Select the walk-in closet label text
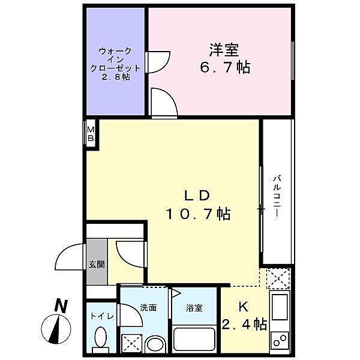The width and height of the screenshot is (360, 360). (x=115, y=65)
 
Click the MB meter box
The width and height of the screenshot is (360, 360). (x=91, y=133)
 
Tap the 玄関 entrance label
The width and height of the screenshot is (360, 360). (x=96, y=264)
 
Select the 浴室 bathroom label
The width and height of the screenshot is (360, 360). (x=194, y=308)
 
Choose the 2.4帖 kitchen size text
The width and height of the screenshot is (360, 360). (x=245, y=325)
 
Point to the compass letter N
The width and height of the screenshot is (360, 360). (x=59, y=306)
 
